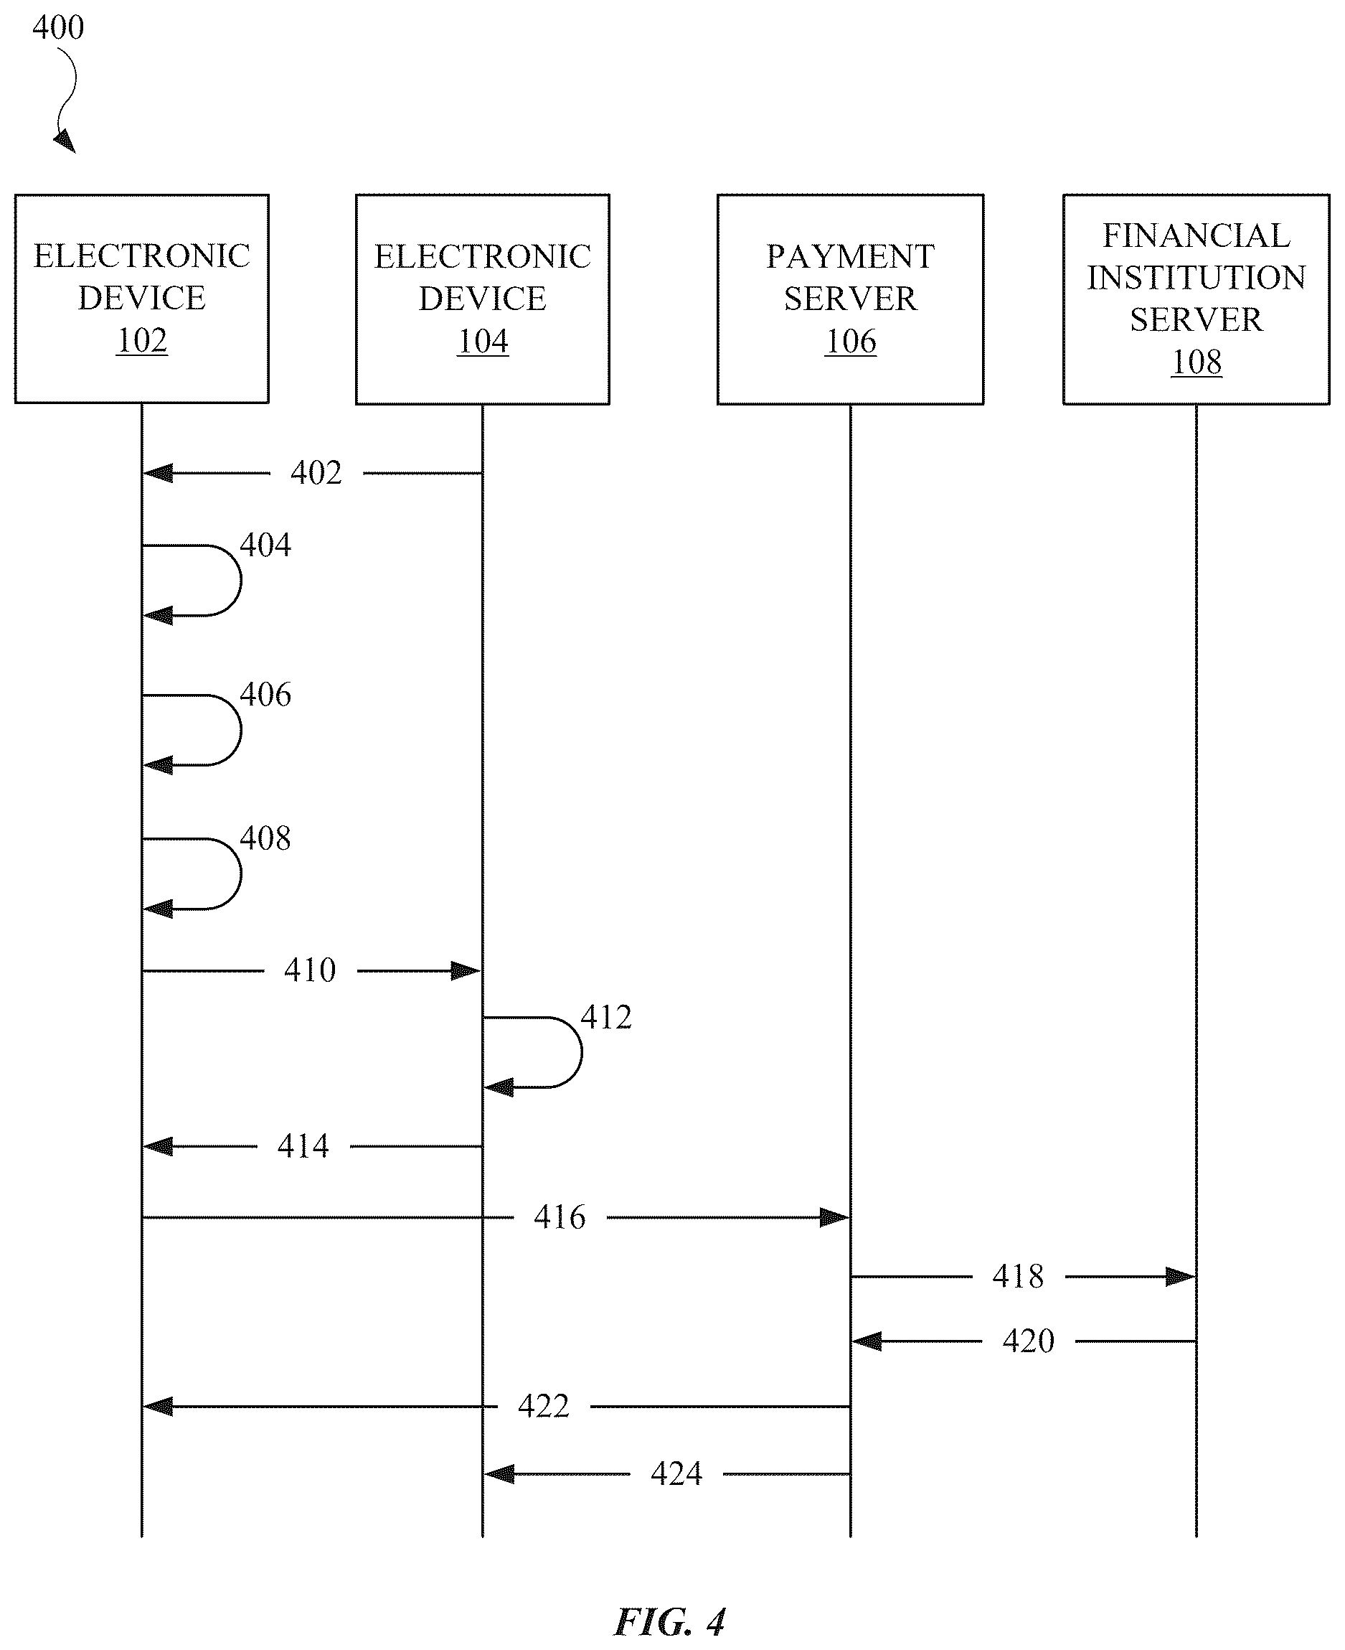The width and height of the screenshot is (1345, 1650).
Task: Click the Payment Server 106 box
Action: click(x=850, y=299)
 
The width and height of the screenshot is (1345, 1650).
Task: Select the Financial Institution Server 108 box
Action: click(x=1196, y=299)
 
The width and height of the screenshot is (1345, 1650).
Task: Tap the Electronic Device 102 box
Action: click(x=142, y=299)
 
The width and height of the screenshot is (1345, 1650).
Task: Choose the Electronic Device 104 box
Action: click(x=483, y=299)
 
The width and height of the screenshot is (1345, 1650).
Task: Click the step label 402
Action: click(x=316, y=473)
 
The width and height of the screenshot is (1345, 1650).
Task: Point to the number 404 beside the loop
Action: click(x=265, y=545)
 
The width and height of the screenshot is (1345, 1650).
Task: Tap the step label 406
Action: click(x=265, y=695)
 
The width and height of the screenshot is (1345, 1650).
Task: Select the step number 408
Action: click(x=265, y=838)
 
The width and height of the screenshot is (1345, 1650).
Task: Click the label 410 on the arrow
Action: click(x=310, y=970)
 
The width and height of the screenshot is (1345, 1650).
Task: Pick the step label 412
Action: click(x=606, y=1017)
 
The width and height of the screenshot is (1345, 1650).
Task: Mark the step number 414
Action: click(x=303, y=1146)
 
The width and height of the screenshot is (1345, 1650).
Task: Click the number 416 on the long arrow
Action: click(x=560, y=1217)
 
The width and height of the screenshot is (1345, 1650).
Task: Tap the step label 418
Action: click(x=1018, y=1277)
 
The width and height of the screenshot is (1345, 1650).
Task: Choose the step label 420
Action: click(x=1028, y=1341)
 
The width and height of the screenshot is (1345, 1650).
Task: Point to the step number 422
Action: click(x=543, y=1406)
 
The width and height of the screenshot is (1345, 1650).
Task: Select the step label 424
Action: click(x=676, y=1473)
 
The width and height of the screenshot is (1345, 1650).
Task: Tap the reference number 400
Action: click(x=58, y=28)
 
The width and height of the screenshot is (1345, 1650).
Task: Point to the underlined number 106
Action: click(x=851, y=341)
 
